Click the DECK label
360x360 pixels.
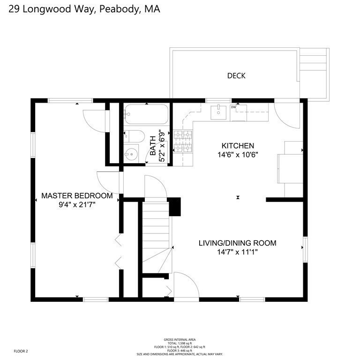click(236, 75)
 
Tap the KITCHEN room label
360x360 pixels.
click(238, 146)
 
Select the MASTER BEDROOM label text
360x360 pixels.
click(77, 195)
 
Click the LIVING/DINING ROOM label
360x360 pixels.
click(237, 243)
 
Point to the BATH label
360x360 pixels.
click(153, 146)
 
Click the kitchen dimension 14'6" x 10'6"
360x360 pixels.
click(238, 154)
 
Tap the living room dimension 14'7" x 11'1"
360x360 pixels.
click(237, 252)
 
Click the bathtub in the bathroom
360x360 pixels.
click(146, 114)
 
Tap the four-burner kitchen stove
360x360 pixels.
click(183, 142)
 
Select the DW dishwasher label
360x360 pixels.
click(233, 107)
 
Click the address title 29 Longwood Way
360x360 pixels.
click(81, 9)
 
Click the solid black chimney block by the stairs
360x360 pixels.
click(175, 206)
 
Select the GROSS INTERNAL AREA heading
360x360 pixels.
click(180, 339)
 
